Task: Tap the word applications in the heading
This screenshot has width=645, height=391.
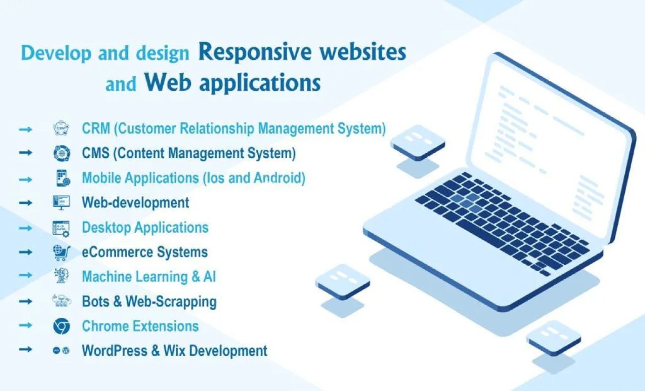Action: tap(260, 83)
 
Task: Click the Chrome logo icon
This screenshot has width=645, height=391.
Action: tap(61, 326)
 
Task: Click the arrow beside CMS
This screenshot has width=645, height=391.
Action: tap(26, 153)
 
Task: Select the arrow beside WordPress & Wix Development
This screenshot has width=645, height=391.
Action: tap(26, 350)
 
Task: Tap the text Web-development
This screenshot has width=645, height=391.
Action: tap(135, 203)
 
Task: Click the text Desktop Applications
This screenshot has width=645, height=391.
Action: tap(145, 228)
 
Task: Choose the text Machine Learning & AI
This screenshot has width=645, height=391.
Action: tap(149, 277)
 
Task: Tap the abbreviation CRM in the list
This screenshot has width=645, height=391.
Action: tap(96, 128)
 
